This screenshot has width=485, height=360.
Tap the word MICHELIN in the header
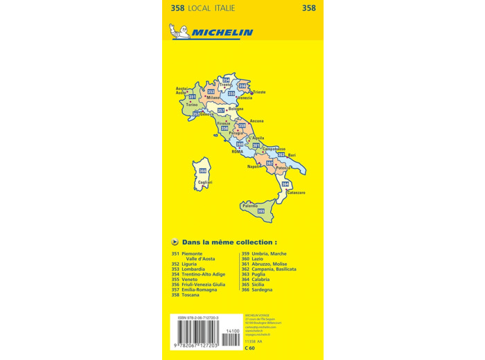[222, 33]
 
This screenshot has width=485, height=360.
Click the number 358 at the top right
[309, 8]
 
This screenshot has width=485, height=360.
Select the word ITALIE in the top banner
[222, 8]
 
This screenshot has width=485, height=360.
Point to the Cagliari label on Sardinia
[204, 182]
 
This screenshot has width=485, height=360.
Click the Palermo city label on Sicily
[249, 206]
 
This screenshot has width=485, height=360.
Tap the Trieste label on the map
[259, 92]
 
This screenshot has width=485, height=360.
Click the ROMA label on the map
[238, 150]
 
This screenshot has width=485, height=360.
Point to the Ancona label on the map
[256, 120]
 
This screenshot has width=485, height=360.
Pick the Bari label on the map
[292, 155]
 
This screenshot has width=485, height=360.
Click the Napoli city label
[254, 167]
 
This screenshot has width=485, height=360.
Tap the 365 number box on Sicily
[261, 211]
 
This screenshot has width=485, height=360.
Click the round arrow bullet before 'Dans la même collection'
[175, 242]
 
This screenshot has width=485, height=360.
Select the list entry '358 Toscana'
[185, 295]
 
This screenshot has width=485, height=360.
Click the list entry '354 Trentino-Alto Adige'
[198, 274]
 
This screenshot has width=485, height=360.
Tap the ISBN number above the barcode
[197, 318]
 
